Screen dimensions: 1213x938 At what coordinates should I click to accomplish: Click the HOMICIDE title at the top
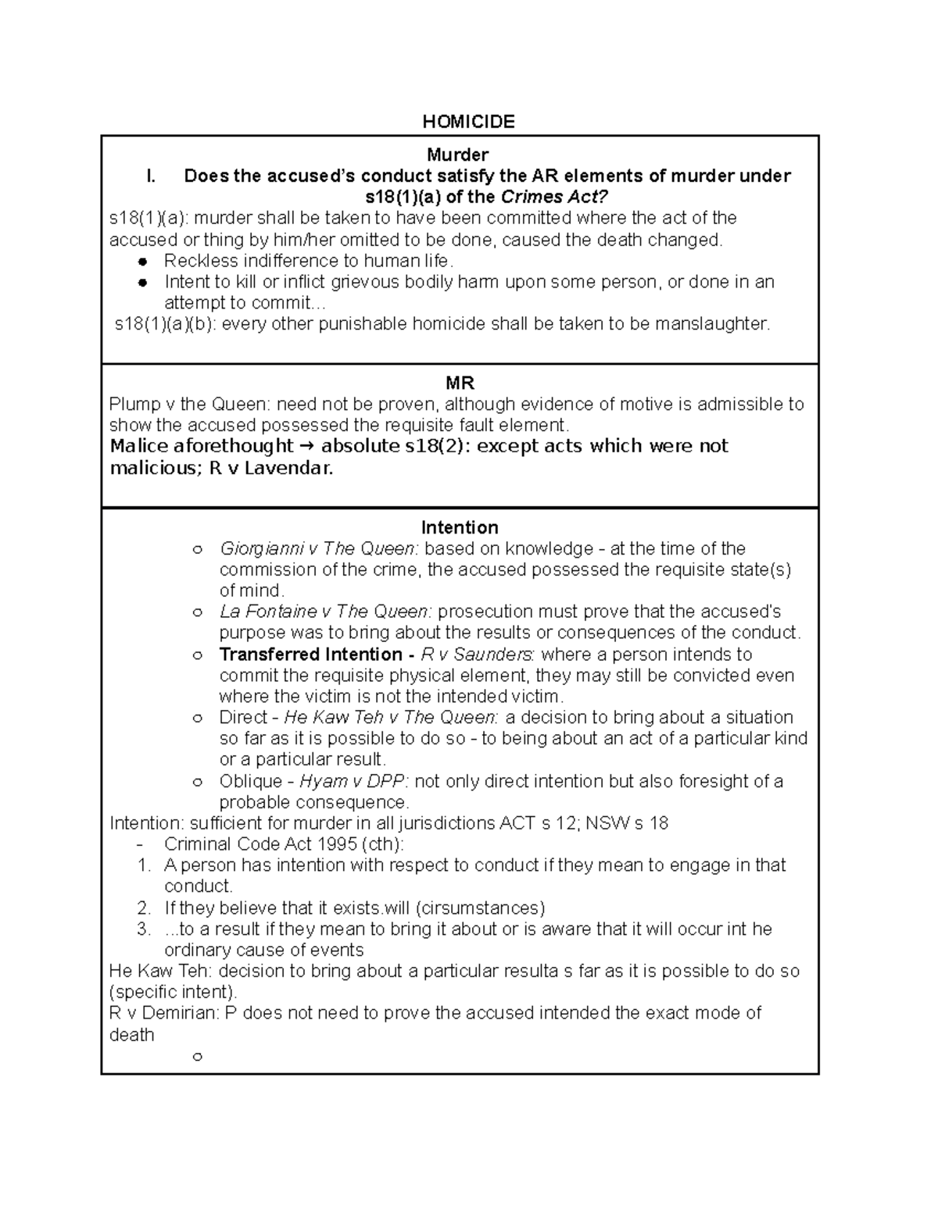[x=468, y=121]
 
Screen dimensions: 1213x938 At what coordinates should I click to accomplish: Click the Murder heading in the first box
[x=463, y=155]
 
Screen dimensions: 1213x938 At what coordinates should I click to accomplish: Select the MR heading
[x=460, y=383]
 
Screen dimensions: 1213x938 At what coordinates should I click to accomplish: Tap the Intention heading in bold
[x=460, y=527]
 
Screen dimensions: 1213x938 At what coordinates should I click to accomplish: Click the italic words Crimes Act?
[x=553, y=197]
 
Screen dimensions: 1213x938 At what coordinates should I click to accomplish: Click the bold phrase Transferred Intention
[x=310, y=655]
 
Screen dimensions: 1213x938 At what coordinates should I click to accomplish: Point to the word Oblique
[x=250, y=781]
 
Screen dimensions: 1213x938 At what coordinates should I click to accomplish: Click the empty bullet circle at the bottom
[x=197, y=1057]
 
